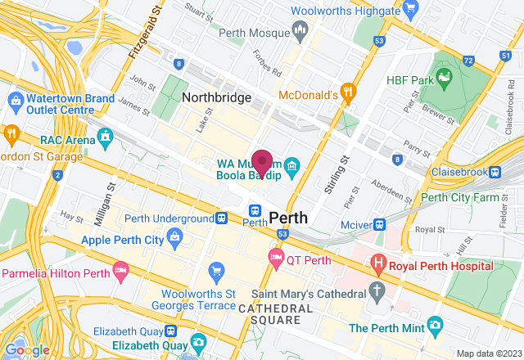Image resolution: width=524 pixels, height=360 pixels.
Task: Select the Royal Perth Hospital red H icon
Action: click(x=377, y=263)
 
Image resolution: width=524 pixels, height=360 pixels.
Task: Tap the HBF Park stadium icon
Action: click(x=445, y=79)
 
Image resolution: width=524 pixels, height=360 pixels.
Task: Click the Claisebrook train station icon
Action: click(x=495, y=173)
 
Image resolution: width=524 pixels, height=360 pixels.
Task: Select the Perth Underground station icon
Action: click(x=221, y=219)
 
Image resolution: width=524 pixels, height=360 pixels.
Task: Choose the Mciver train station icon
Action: click(x=379, y=224)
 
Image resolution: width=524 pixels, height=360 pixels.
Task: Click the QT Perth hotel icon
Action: click(x=276, y=259)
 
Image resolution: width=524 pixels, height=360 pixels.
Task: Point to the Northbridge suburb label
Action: click(x=216, y=97)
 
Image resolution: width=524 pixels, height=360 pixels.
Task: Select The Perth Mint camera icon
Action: click(x=435, y=327)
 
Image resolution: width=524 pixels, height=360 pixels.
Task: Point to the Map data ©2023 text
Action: click(x=486, y=353)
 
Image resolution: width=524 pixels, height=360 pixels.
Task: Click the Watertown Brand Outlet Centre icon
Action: click(x=15, y=100)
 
